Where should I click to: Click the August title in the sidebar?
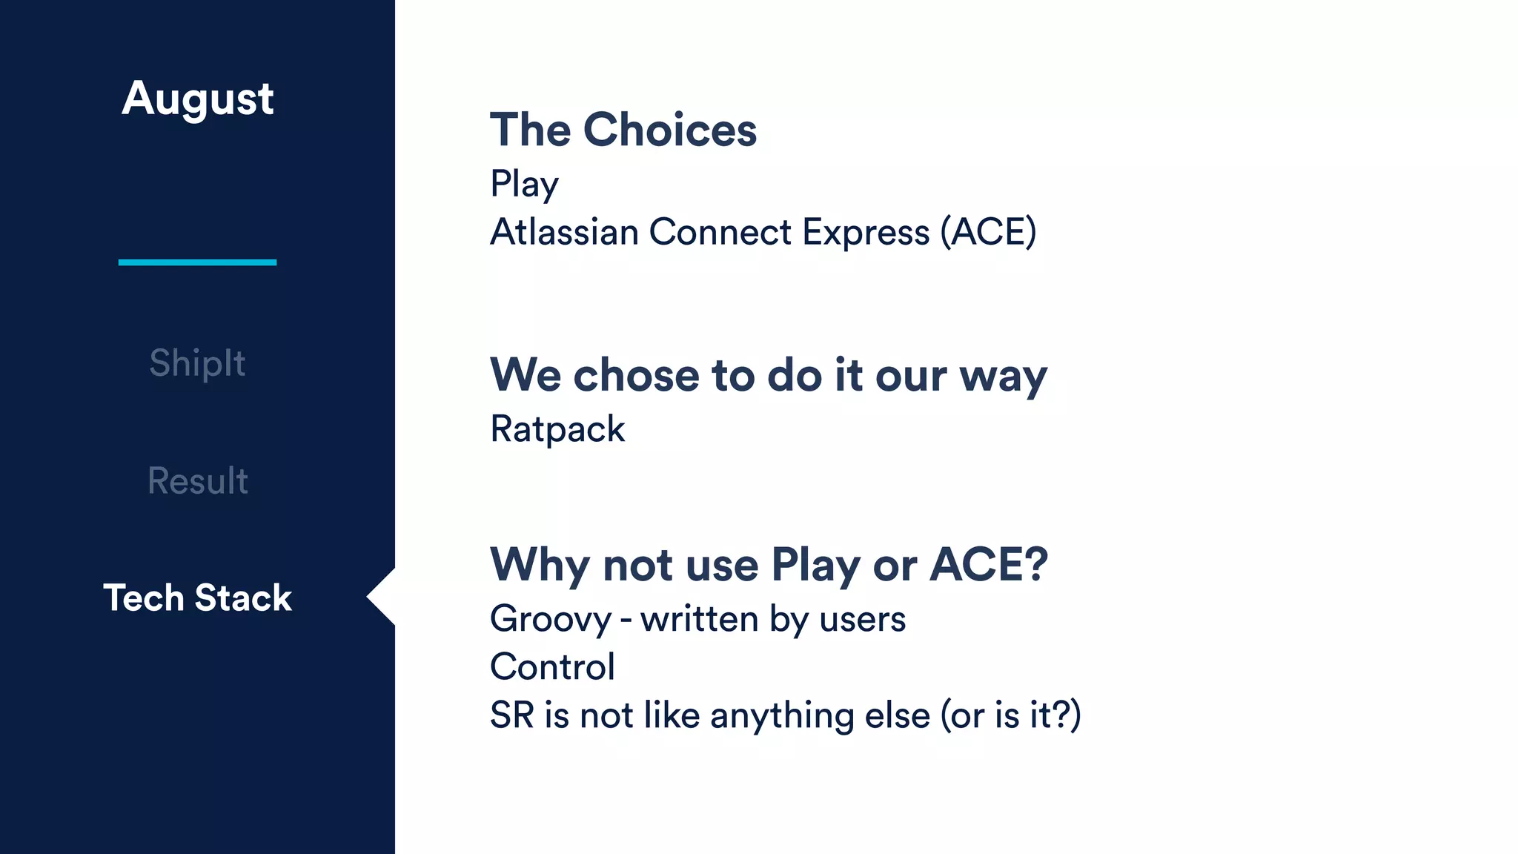coord(198,99)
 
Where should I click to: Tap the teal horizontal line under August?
coord(197,262)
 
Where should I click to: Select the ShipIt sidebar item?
coord(197,363)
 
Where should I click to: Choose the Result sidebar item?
coord(197,480)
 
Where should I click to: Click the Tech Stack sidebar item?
coord(197,598)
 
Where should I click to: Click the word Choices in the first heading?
coord(670,130)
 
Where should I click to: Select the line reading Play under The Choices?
coord(524,184)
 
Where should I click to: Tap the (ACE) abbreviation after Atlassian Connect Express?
coord(988,232)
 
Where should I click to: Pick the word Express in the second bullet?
coord(866,232)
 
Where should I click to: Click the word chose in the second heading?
coord(636,375)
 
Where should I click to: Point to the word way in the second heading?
coord(1003,377)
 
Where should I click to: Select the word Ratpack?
coord(557,429)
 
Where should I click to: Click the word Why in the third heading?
coord(540,565)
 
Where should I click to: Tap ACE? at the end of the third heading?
coord(989,565)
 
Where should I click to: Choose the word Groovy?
coord(551,620)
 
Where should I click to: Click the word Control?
coord(552,666)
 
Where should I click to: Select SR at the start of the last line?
coord(511,715)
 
